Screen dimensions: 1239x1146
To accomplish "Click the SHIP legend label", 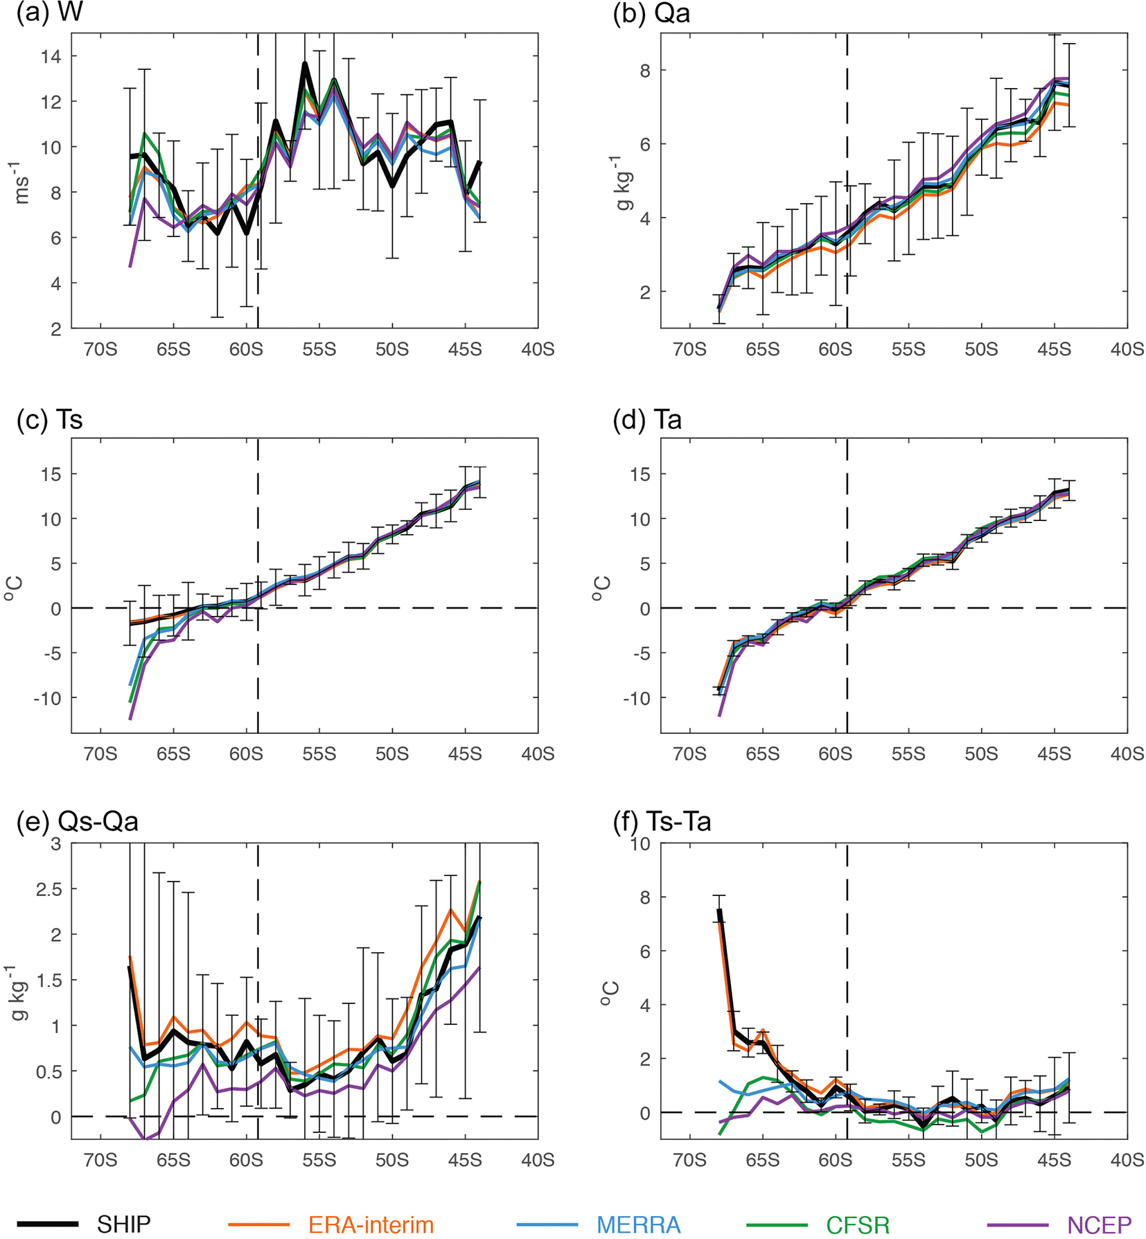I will (124, 1224).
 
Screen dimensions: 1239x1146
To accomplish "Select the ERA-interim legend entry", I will (371, 1224).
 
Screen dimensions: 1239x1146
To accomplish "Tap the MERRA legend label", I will (638, 1224).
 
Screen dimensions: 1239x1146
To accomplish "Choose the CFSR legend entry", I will (858, 1224).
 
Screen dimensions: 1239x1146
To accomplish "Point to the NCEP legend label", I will (1100, 1224).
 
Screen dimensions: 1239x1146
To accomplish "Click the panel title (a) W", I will (49, 13).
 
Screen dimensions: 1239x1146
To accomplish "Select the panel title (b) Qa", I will (651, 13).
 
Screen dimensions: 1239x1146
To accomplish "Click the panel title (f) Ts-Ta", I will (662, 821).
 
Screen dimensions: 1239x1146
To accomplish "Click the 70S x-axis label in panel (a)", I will (100, 349).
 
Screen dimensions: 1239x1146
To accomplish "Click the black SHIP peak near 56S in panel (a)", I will (304, 64).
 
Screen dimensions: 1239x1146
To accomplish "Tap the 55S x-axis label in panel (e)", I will (319, 1159).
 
